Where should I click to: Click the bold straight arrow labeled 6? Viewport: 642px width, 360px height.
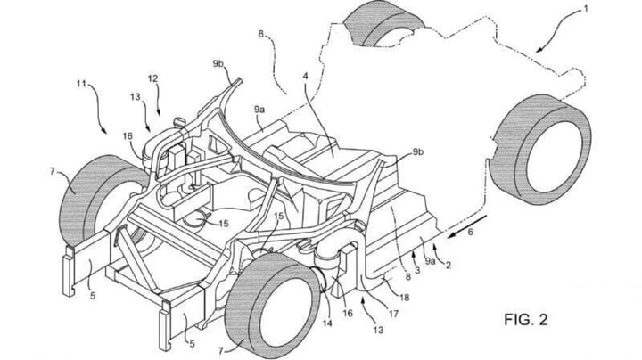click(x=464, y=225)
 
